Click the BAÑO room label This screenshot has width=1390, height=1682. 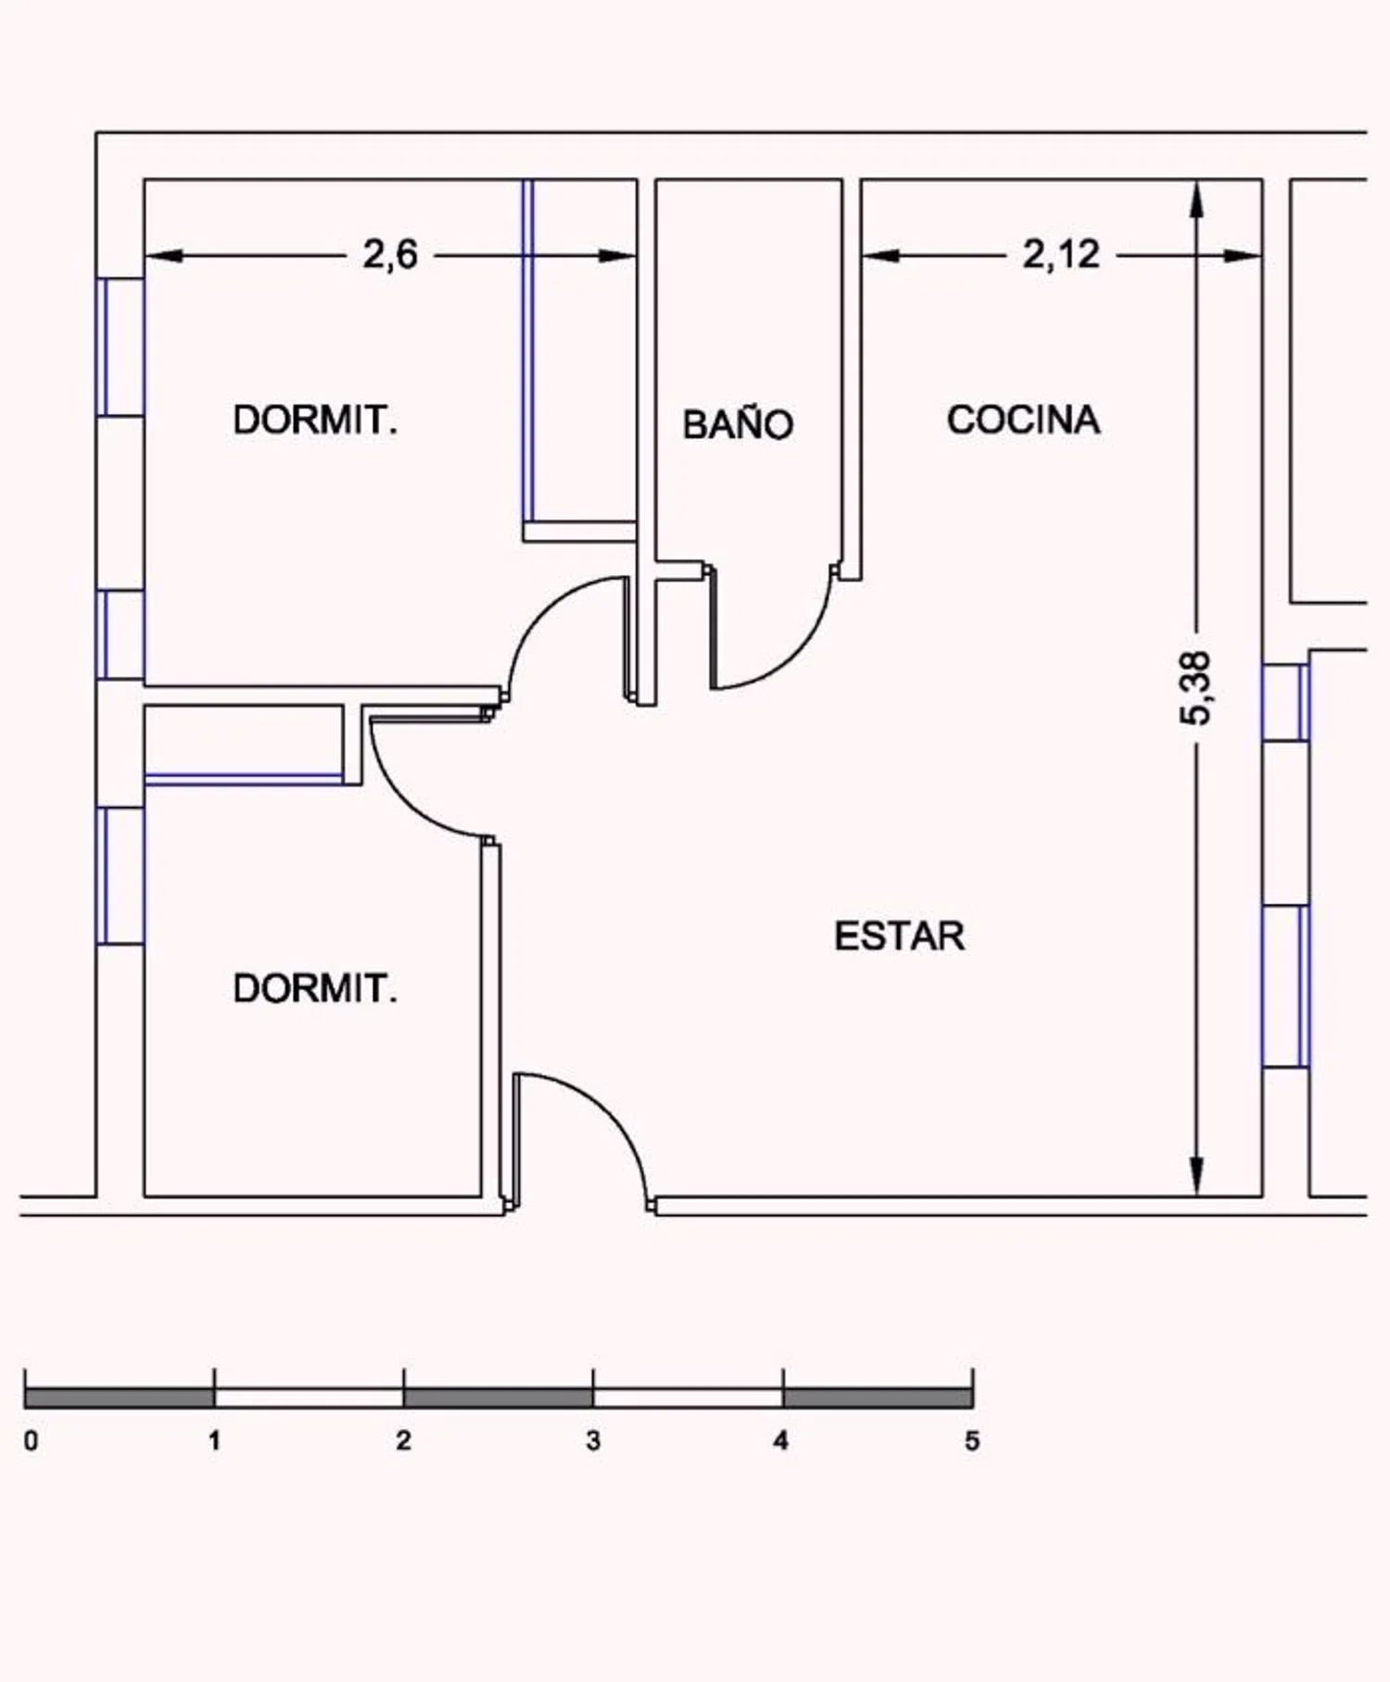(738, 423)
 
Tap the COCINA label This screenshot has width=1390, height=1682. (1023, 420)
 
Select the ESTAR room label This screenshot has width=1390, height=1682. (899, 935)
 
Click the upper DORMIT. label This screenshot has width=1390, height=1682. (315, 420)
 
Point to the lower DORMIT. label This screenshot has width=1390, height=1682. (315, 988)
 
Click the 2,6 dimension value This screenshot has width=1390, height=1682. (390, 254)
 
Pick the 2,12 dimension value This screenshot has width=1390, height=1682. (1061, 254)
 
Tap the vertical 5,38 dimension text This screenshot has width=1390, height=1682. (1195, 688)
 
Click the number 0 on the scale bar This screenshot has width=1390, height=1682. (31, 1440)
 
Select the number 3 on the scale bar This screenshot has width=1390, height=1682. (593, 1440)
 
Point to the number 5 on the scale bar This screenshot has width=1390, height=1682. (971, 1440)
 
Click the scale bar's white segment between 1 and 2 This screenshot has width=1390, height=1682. (309, 1398)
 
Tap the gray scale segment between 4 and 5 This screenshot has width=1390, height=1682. (878, 1398)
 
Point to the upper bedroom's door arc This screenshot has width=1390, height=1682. (537, 611)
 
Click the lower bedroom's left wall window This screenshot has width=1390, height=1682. (120, 875)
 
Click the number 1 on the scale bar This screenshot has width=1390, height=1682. (214, 1440)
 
